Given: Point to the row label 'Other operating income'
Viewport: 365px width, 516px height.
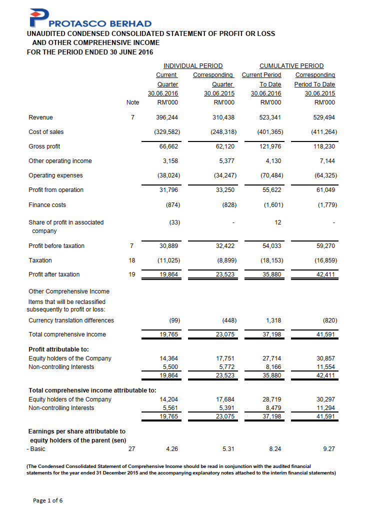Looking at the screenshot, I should (x=60, y=161).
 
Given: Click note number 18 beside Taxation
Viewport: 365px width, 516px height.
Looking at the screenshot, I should (x=132, y=260).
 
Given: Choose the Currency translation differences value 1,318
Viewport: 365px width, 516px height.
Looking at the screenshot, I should (x=273, y=320).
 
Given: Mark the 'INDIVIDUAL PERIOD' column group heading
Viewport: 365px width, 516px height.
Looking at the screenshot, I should (x=193, y=66).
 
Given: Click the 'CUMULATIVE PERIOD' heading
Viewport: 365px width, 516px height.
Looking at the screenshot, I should (x=291, y=66).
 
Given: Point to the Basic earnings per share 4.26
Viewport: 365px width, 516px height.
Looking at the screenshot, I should (x=171, y=449).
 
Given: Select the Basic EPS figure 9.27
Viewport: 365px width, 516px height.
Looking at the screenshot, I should (x=329, y=449).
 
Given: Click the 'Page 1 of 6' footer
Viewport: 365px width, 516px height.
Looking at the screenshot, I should (x=48, y=500).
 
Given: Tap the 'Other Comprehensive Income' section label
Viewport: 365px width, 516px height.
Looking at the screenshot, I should (x=69, y=291).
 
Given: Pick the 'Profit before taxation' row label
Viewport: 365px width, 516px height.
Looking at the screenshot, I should (x=56, y=246).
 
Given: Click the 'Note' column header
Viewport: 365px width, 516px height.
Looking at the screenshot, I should (x=132, y=103).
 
